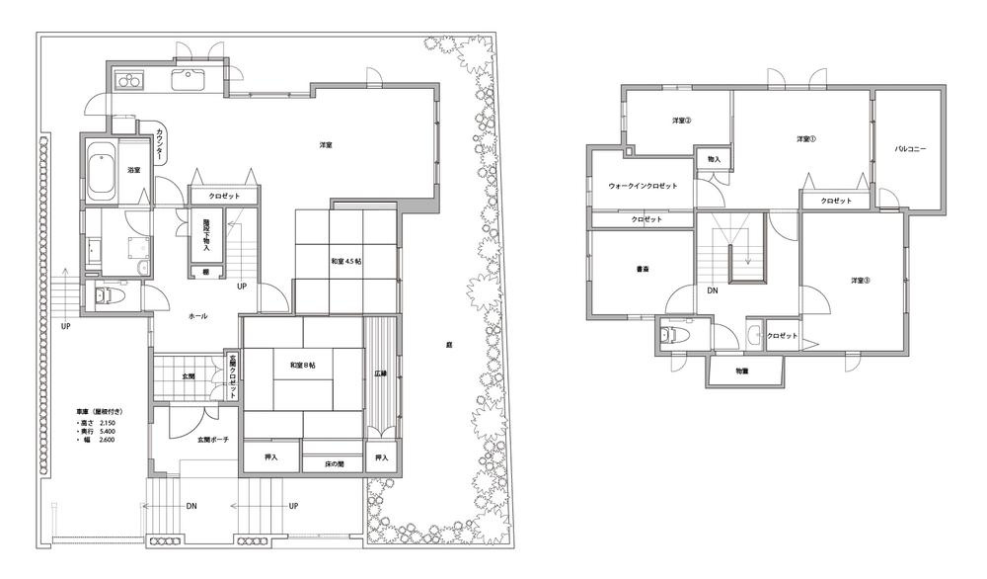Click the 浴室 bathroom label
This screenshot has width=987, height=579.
pos(133,170)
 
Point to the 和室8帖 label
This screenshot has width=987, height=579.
pos(303,366)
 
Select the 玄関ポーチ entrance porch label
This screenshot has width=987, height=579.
pos(213,439)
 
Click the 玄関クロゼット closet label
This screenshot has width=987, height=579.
pos(234,376)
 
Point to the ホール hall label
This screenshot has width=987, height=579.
pos(197,315)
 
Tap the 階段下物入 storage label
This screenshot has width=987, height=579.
pos(205,235)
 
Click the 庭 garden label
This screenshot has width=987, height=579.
pos(448,345)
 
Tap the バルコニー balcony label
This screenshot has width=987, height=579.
pos(909,150)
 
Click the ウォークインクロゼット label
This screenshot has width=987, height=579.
pos(643,186)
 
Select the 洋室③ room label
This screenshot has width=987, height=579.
pos(861,280)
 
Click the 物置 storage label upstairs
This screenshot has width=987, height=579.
pos(742,371)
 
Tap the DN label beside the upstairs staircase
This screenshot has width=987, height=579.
pos(712,290)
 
